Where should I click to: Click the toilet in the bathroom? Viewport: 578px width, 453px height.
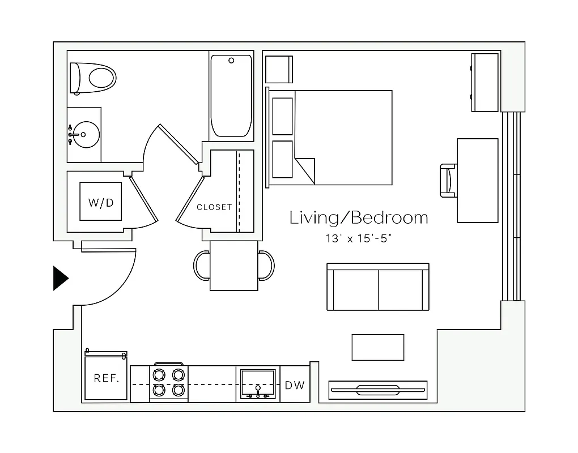[x=93, y=78]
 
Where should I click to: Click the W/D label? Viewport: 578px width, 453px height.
[x=100, y=202]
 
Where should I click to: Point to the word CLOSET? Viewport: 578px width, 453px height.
[x=214, y=207]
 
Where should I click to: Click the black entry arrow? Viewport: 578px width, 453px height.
[x=60, y=278]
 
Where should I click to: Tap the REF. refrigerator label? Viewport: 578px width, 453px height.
[x=106, y=378]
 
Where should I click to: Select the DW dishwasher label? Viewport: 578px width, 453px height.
[x=295, y=385]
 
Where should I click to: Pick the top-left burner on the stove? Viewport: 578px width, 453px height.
[x=159, y=374]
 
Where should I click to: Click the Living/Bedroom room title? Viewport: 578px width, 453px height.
[x=359, y=218]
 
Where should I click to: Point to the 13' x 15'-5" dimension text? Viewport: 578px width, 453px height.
[x=359, y=238]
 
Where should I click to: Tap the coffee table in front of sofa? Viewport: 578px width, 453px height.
[x=378, y=347]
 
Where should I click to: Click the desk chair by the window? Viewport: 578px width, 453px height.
[x=448, y=181]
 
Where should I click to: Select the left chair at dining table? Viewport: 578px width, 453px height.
[x=202, y=265]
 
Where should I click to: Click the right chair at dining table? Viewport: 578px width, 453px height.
[x=266, y=265]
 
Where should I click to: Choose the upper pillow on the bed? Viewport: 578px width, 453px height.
[x=282, y=116]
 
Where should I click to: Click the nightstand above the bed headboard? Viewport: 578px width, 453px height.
[x=279, y=70]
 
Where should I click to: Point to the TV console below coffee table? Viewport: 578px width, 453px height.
[x=378, y=389]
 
